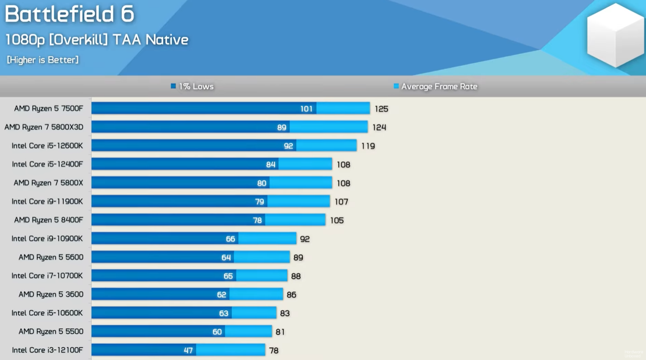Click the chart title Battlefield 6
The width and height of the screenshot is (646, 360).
click(69, 14)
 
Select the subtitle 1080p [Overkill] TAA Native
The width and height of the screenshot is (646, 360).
click(97, 40)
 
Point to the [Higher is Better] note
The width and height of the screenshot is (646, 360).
click(43, 60)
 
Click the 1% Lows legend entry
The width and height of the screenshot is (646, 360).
click(192, 87)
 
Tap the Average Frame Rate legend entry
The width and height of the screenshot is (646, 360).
click(435, 87)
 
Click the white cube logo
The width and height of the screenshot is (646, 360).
click(615, 35)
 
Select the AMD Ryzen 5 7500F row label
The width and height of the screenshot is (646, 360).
click(48, 109)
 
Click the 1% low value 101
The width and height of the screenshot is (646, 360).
click(306, 109)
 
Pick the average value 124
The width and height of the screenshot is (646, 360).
click(379, 128)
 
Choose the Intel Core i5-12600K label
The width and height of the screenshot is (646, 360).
click(47, 146)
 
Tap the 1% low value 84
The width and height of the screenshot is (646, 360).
click(271, 165)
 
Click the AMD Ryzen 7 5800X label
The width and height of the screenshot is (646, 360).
click(48, 183)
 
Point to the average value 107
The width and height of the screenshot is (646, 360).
click(341, 202)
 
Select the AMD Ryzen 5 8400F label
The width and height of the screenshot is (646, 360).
click(48, 220)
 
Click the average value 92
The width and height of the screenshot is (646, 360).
click(305, 239)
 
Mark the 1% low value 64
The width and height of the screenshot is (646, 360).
click(226, 258)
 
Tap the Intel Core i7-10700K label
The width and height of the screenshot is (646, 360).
click(47, 276)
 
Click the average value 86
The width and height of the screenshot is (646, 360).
click(291, 295)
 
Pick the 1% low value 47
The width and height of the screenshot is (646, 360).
click(188, 351)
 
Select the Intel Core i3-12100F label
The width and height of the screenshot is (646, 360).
click(47, 350)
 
